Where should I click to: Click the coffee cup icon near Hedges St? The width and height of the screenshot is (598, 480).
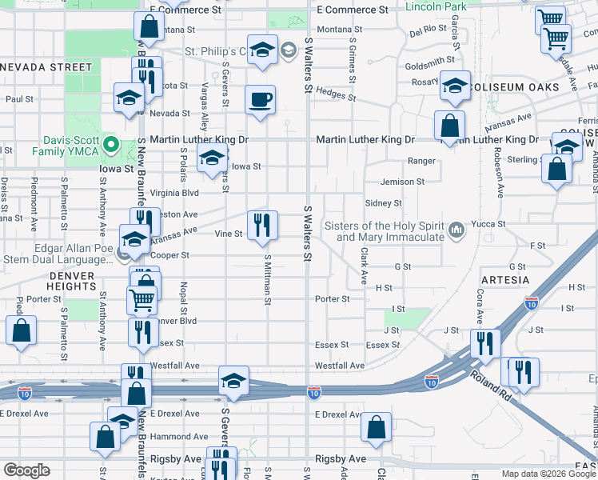point(261,101)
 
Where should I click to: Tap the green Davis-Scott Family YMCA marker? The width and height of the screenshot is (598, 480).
point(112,146)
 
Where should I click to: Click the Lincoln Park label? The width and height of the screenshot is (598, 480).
point(436,7)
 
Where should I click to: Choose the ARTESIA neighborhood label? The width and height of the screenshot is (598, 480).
point(505,279)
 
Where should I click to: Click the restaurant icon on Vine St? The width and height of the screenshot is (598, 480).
point(262,226)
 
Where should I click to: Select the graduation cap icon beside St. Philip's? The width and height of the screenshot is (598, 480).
point(261,51)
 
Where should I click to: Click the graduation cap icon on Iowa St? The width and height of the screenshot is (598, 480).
point(212,158)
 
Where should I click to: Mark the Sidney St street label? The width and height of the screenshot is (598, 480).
point(383,203)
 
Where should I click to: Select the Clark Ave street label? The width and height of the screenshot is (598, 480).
point(364,266)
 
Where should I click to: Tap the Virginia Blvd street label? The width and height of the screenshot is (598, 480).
point(174,193)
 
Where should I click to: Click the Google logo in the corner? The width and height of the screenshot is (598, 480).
point(26,470)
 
